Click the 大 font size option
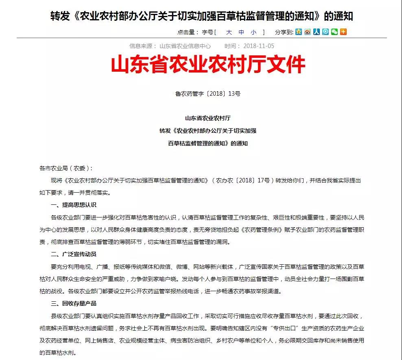coord(229,32)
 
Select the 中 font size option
coord(241,32)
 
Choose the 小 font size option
coord(253,32)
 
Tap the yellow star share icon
coord(299,32)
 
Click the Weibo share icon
coord(308,32)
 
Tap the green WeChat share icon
coord(334,32)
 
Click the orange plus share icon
coord(343,32)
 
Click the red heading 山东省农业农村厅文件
coord(208,65)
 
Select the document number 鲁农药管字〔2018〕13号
coord(208,94)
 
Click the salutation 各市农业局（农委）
coord(66,168)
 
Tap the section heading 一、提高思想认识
coord(73,204)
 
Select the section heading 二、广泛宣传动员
coord(73,254)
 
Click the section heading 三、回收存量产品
coord(73,303)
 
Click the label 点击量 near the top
coord(188,32)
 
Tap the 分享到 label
coord(284,32)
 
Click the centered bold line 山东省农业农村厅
coord(208,119)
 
